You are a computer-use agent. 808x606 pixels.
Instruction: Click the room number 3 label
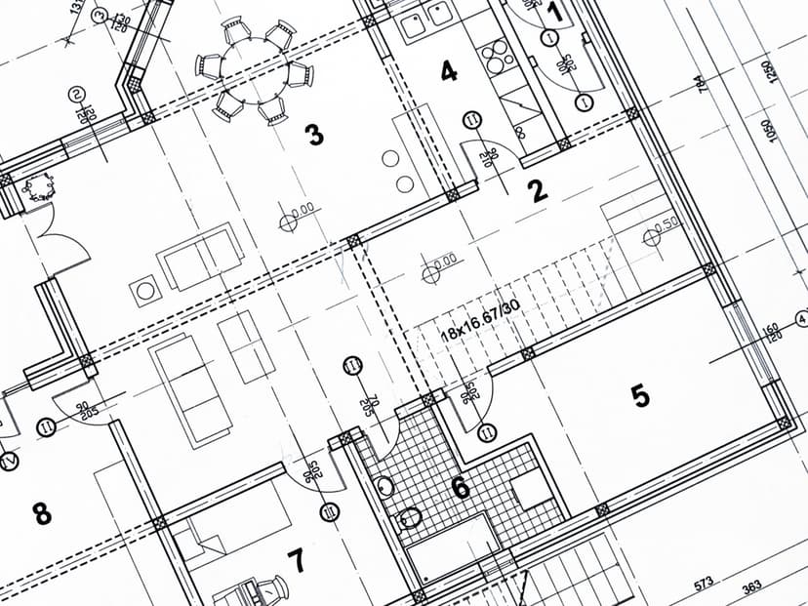pyautogui.click(x=314, y=135)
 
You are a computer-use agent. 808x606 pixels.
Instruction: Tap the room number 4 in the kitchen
pyautogui.click(x=448, y=71)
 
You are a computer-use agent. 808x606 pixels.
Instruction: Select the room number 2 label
pyautogui.click(x=538, y=191)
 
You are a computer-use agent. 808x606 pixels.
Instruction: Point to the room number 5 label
pyautogui.click(x=639, y=395)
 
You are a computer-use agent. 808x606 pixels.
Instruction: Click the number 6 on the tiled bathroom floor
pyautogui.click(x=460, y=487)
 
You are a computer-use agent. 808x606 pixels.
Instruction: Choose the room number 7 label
pyautogui.click(x=295, y=560)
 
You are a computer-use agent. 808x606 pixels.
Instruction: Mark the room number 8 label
pyautogui.click(x=42, y=512)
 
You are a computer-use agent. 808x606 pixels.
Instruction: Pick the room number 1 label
pyautogui.click(x=554, y=13)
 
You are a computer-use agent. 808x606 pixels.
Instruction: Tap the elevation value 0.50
pyautogui.click(x=667, y=224)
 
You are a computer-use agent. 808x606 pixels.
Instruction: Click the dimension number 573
pyautogui.click(x=705, y=584)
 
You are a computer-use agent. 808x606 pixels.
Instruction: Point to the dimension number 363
pyautogui.click(x=752, y=586)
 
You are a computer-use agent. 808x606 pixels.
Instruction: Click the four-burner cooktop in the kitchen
pyautogui.click(x=498, y=58)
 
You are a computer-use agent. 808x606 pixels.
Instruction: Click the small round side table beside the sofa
pyautogui.click(x=145, y=290)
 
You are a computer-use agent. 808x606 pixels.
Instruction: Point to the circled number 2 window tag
pyautogui.click(x=76, y=95)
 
